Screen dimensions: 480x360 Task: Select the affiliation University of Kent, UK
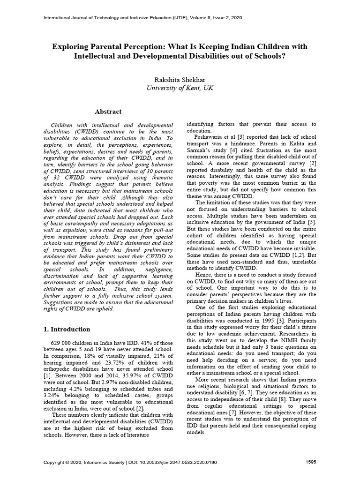180,88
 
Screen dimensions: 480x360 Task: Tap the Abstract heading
108,112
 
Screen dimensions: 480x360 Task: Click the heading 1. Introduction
66,329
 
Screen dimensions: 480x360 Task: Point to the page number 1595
311,462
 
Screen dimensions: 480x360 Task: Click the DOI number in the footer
180,462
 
